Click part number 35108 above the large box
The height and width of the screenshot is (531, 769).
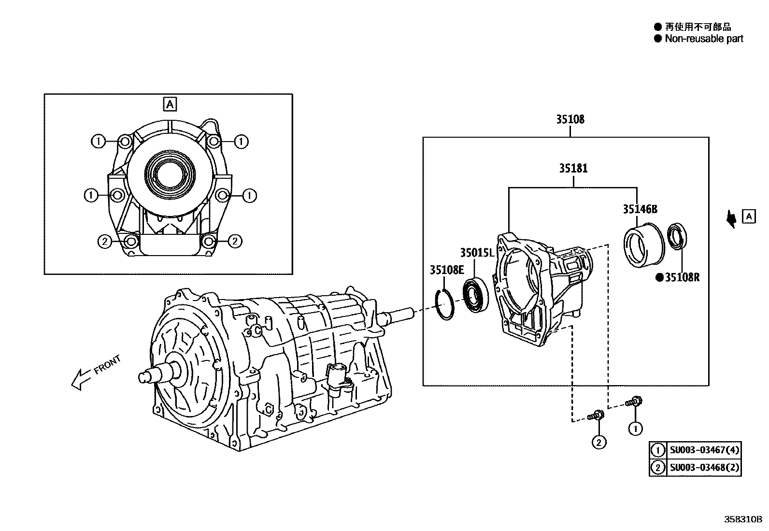(570, 119)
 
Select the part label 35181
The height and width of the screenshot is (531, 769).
(573, 169)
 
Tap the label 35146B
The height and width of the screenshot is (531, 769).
(640, 210)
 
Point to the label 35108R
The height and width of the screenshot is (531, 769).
(683, 277)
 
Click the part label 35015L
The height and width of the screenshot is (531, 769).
(477, 253)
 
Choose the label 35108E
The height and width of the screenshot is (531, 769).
(447, 270)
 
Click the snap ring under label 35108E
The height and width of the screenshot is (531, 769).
(445, 304)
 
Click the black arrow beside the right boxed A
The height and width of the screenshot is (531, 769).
(732, 220)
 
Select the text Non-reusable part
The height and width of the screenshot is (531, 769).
(704, 39)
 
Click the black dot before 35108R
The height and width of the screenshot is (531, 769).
(659, 277)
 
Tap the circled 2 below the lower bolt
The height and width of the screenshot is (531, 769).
(598, 442)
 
